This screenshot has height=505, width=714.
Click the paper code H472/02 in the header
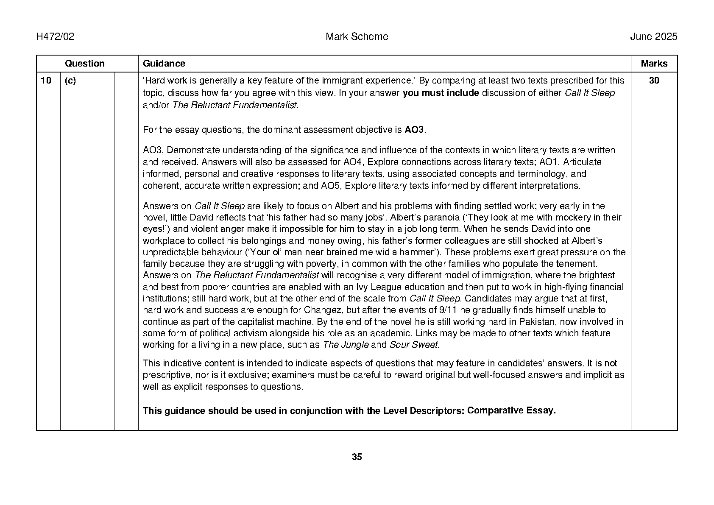(x=55, y=37)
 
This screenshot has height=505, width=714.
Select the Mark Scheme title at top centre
(x=357, y=37)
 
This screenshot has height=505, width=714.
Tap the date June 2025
(x=653, y=37)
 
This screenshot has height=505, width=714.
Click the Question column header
(x=84, y=64)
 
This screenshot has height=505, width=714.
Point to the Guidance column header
(x=164, y=64)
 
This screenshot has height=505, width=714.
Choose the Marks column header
(x=654, y=64)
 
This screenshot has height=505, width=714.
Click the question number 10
(x=46, y=81)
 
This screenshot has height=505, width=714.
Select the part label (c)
(x=70, y=81)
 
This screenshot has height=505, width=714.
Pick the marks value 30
(x=654, y=81)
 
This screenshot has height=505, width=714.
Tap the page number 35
(x=357, y=457)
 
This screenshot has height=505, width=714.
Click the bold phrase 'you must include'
(x=441, y=93)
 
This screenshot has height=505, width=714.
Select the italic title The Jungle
(x=345, y=345)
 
